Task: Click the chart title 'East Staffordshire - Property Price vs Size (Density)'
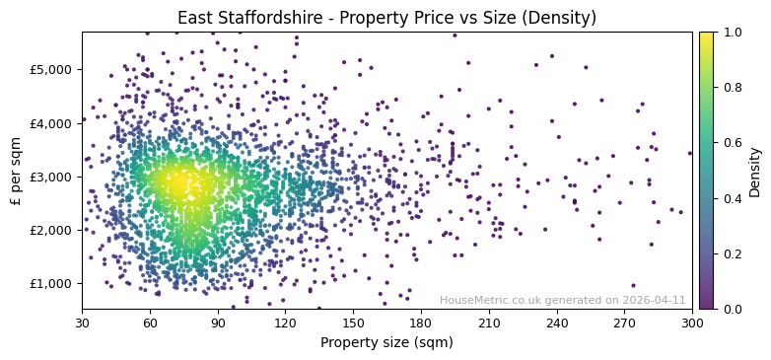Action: pos(386,18)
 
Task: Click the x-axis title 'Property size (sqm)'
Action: pos(386,343)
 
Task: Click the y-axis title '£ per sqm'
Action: pos(16,171)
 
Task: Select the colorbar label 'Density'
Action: pos(755,171)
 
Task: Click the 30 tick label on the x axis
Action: pos(82,322)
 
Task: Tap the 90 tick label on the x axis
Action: pos(218,322)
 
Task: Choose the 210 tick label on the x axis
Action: pos(489,322)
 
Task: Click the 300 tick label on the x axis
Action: pos(692,322)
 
